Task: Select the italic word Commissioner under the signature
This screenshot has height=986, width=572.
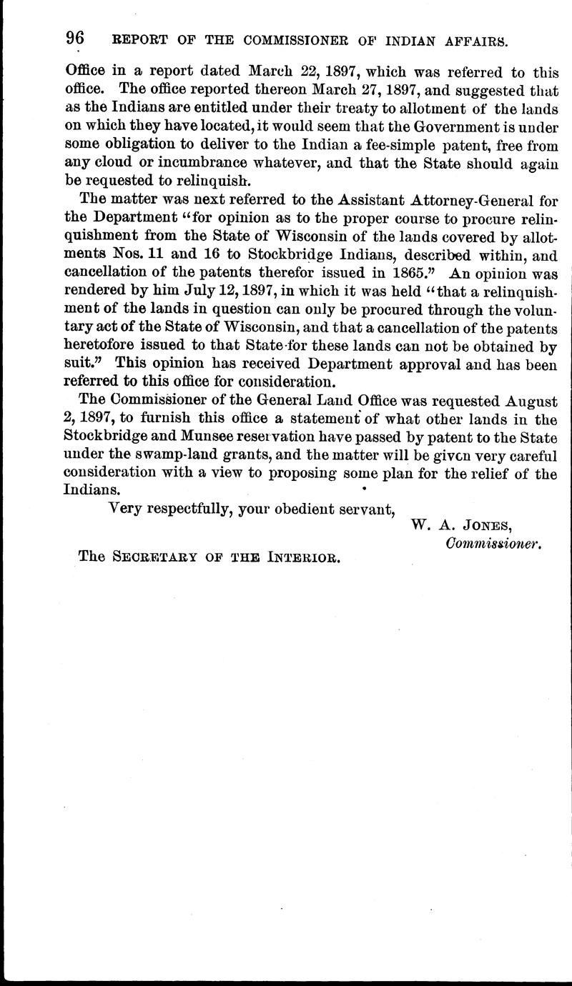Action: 494,544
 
